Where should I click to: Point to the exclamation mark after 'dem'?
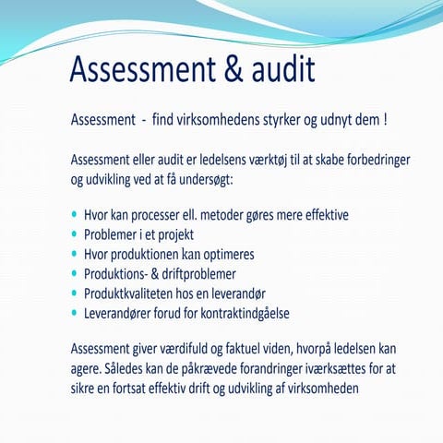pos(384,119)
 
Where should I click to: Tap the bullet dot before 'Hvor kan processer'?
pos(75,214)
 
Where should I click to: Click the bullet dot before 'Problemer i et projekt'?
pos(75,233)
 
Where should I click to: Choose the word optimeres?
pos(223,254)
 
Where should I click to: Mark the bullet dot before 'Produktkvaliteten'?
pos(75,293)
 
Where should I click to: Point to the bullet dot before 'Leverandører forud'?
pos(75,313)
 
